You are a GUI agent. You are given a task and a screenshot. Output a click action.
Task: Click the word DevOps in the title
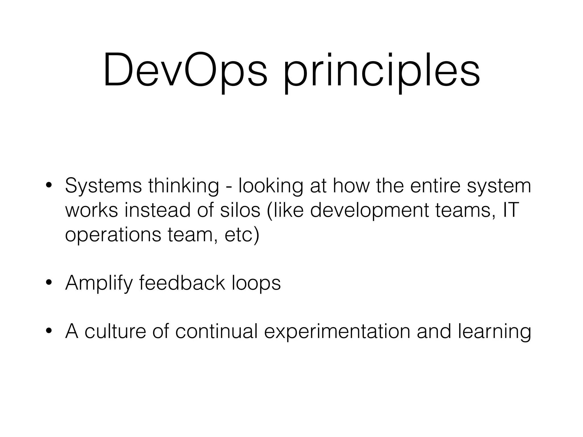coord(185,70)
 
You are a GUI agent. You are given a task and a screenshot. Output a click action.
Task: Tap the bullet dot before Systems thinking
coord(49,186)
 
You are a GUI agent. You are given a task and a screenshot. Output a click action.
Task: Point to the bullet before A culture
coord(49,331)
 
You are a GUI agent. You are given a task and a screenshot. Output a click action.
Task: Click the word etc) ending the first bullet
coord(242,235)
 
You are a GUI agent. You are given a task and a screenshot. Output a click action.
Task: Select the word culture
coord(115,331)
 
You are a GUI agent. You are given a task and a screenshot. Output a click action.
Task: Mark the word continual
coord(216,331)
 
